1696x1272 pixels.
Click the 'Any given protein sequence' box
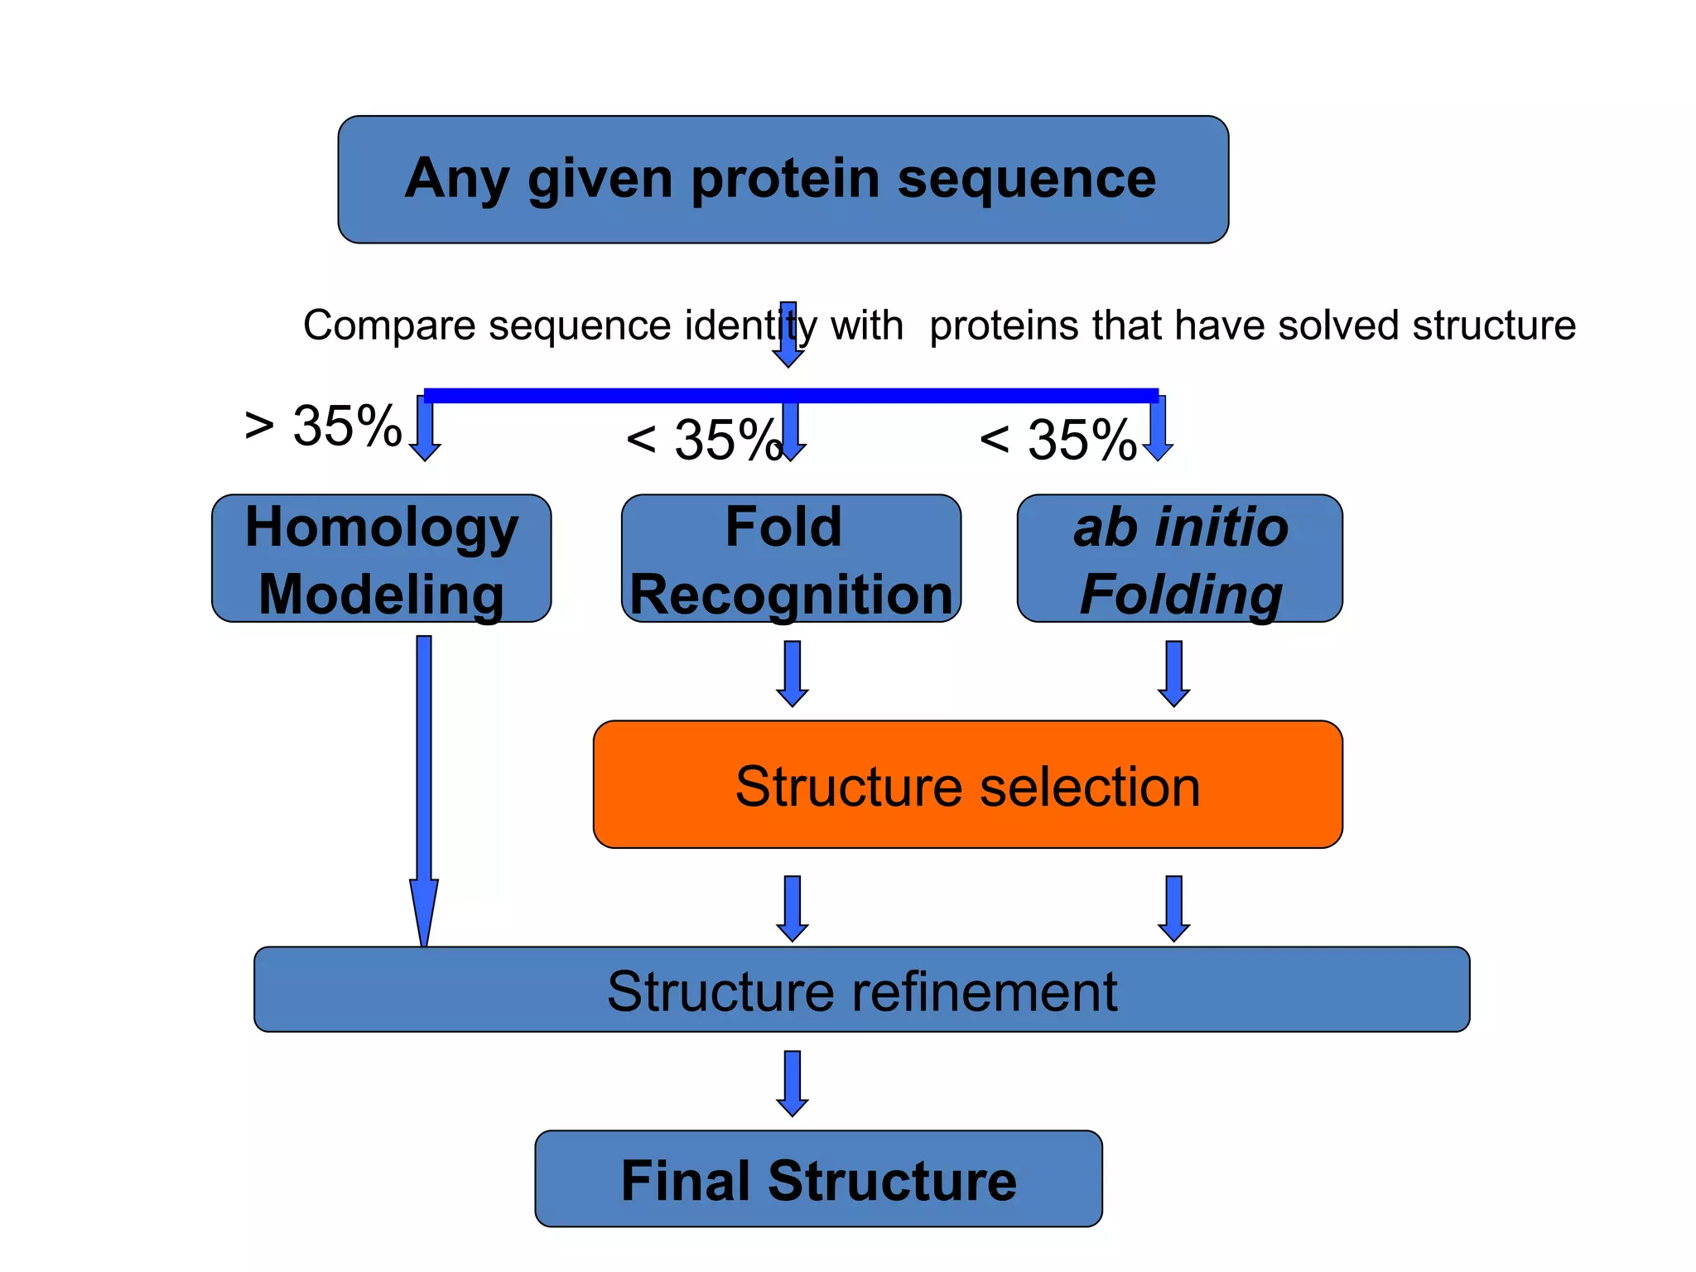[783, 179]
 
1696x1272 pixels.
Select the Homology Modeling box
[381, 559]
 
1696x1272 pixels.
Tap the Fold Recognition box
[791, 559]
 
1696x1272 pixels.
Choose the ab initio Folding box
[1179, 559]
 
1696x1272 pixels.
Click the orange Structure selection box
[967, 784]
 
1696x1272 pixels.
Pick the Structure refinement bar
[861, 990]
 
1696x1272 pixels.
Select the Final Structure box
[818, 1178]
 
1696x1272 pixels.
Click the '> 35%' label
[323, 426]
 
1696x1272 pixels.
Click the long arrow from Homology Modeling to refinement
[424, 787]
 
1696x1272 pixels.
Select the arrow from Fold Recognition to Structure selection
[793, 672]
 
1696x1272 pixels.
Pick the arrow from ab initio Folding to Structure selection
[1173, 672]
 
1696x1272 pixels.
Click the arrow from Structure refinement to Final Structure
[793, 1082]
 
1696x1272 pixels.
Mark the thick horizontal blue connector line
[791, 395]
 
